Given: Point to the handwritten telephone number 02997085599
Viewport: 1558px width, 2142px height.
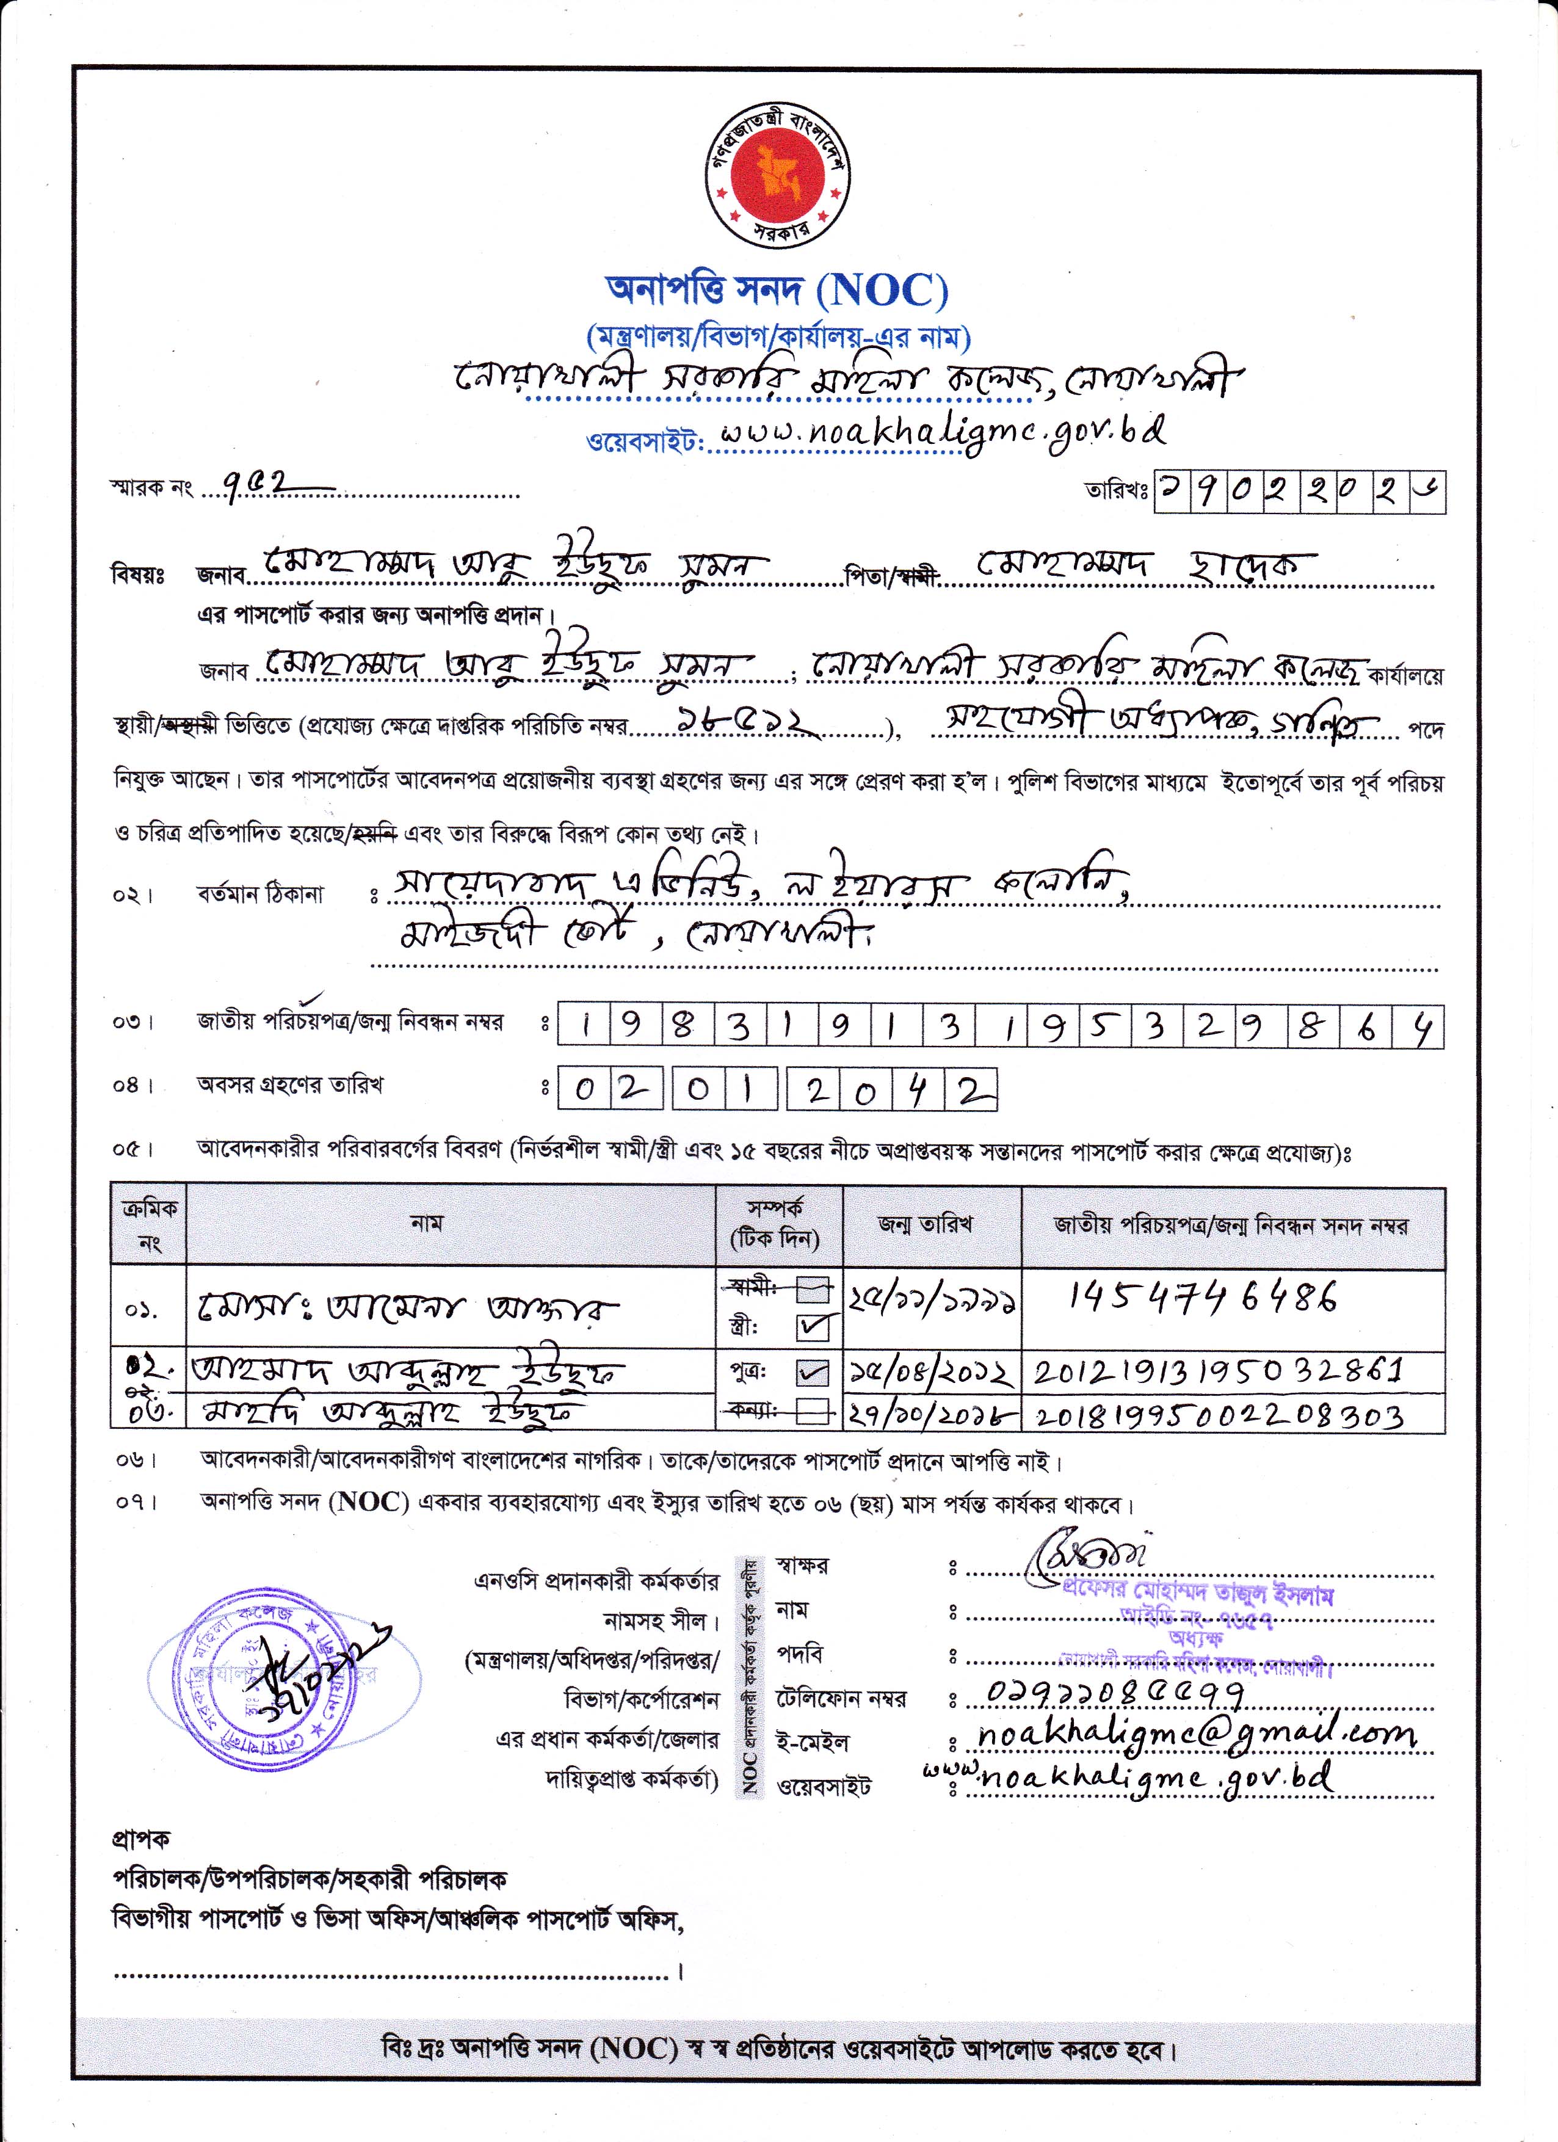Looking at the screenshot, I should [1114, 1693].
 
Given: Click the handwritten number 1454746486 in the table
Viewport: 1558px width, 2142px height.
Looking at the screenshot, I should [1203, 1301].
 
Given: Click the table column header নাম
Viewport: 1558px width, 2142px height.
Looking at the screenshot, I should [427, 1224].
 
